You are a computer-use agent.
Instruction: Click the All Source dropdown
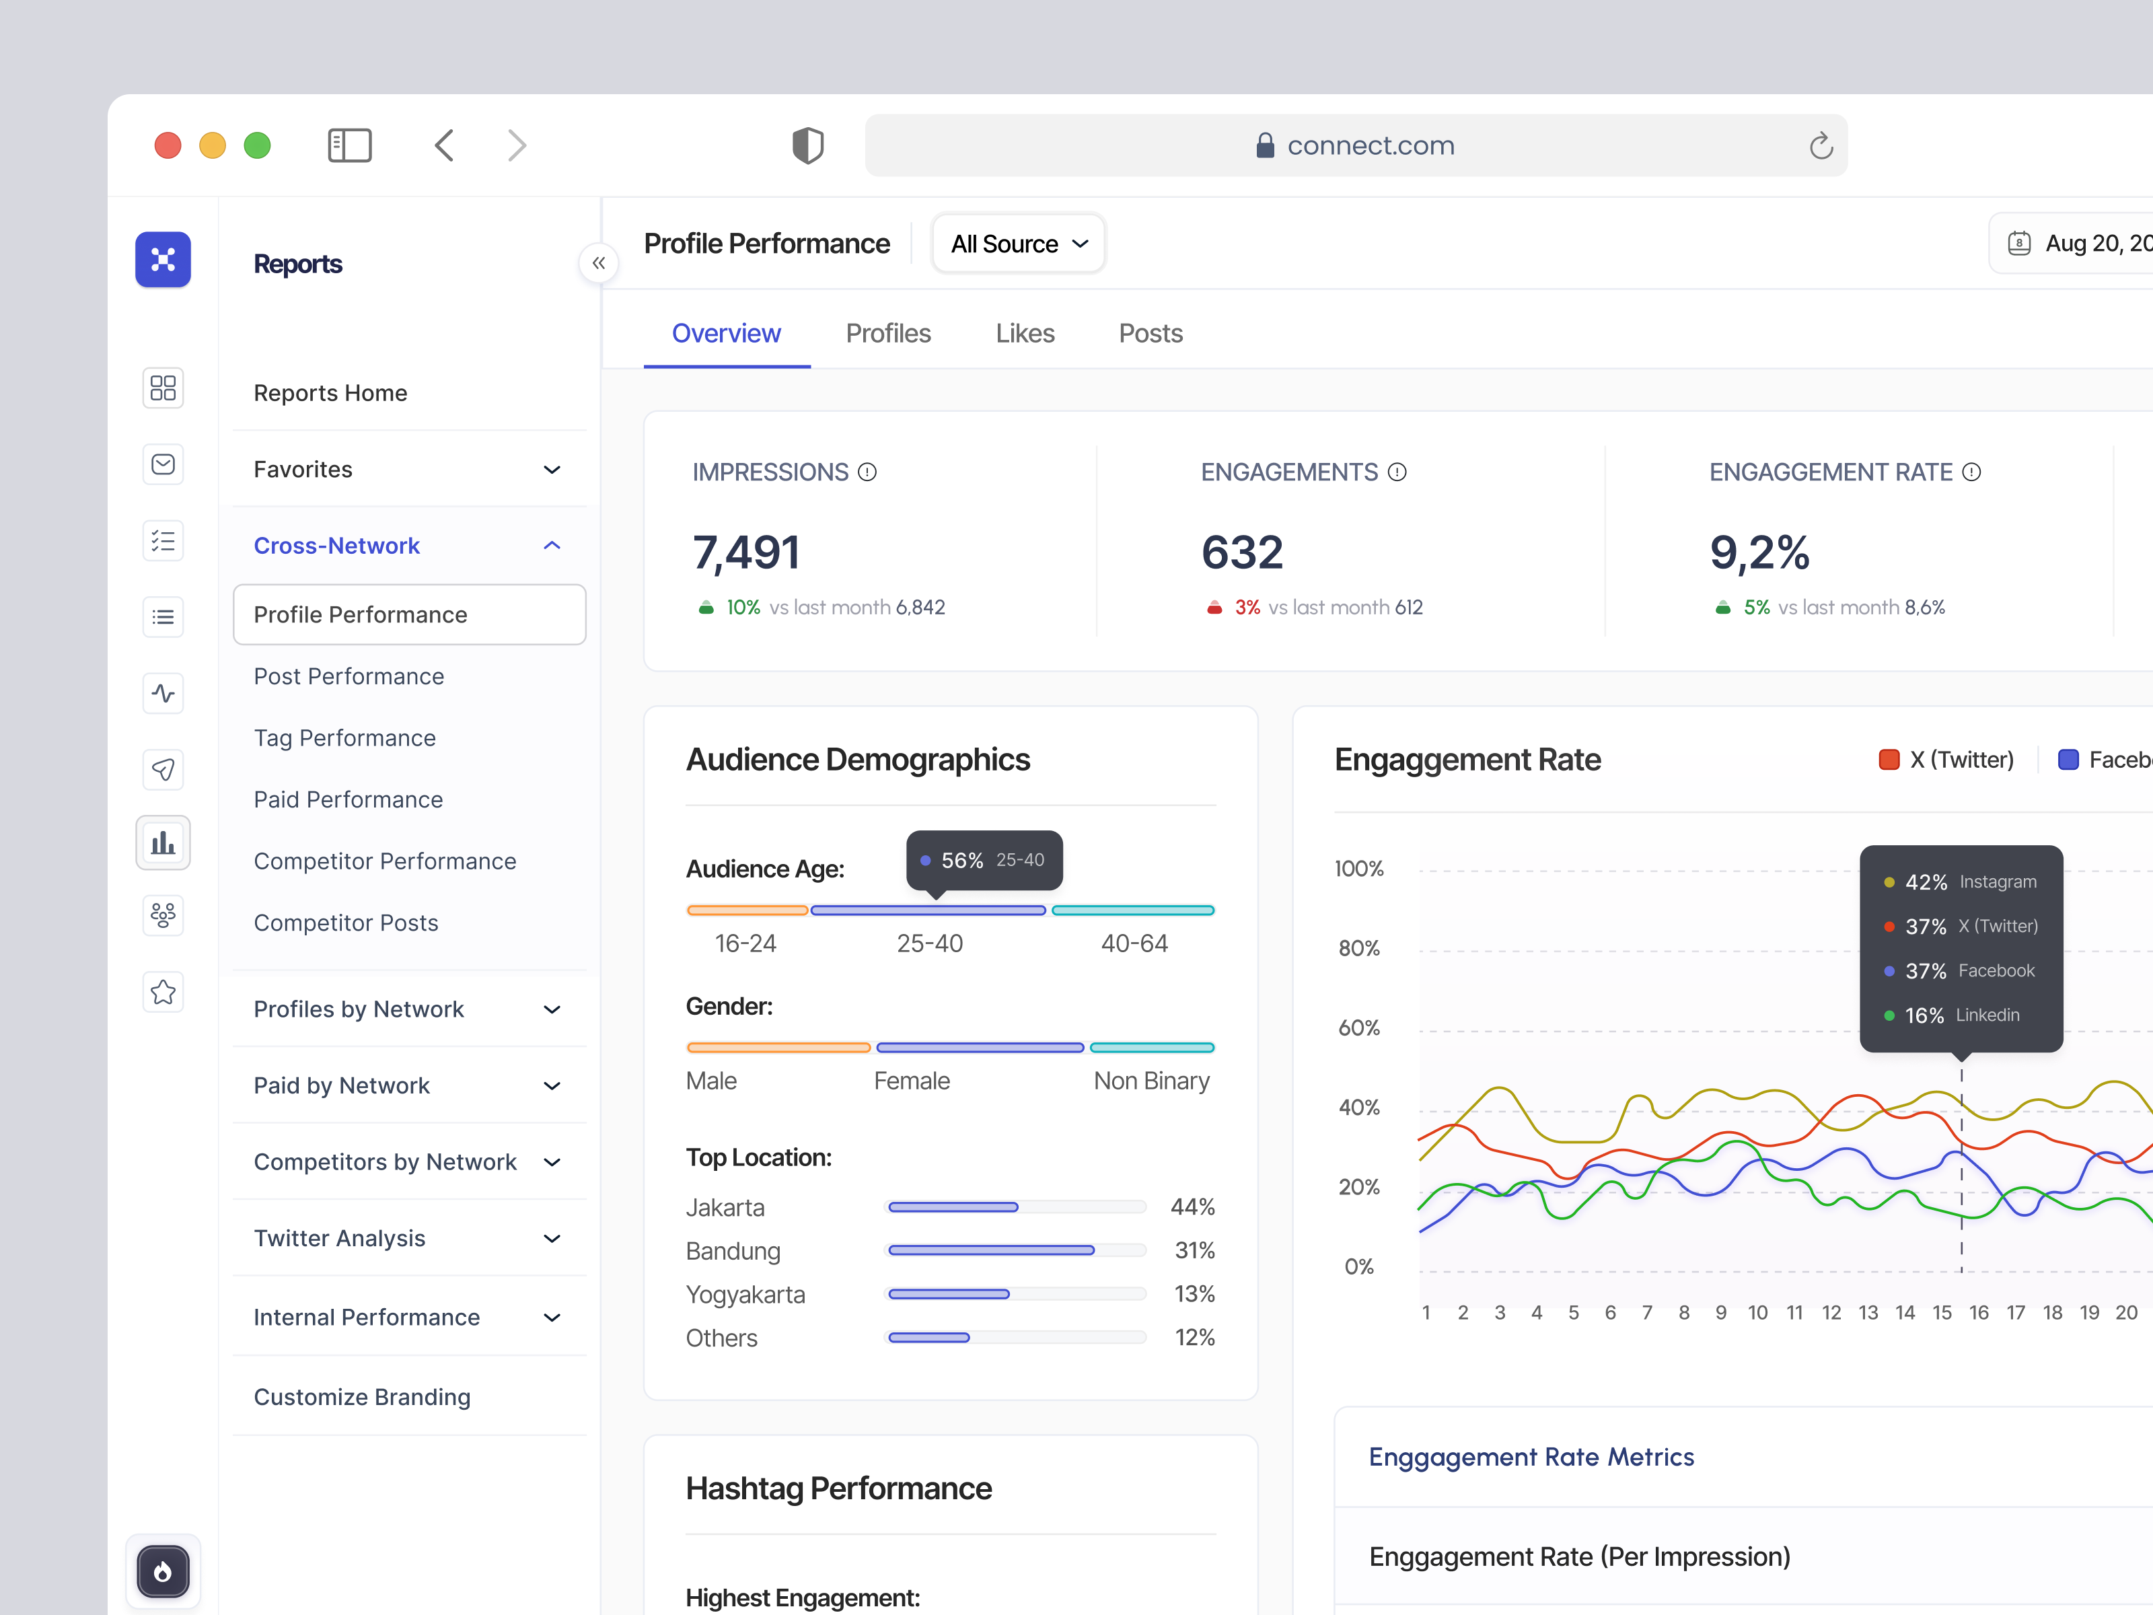point(1018,244)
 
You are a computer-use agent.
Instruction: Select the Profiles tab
point(887,333)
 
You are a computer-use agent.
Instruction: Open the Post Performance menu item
point(349,676)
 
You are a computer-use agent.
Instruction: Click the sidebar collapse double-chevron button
point(599,263)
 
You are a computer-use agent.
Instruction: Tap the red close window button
point(168,145)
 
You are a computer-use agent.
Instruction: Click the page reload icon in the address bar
point(1820,146)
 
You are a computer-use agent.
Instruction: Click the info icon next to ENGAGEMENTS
point(1397,472)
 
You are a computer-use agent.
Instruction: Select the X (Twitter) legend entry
point(1946,759)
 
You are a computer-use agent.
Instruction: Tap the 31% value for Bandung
point(1194,1250)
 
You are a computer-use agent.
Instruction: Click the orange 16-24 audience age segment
point(747,910)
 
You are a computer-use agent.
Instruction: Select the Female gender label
point(911,1081)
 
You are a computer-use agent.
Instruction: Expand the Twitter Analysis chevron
point(552,1238)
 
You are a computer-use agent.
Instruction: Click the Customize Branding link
point(361,1396)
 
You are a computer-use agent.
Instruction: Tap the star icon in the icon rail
point(163,992)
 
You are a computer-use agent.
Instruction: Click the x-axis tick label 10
point(1757,1312)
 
